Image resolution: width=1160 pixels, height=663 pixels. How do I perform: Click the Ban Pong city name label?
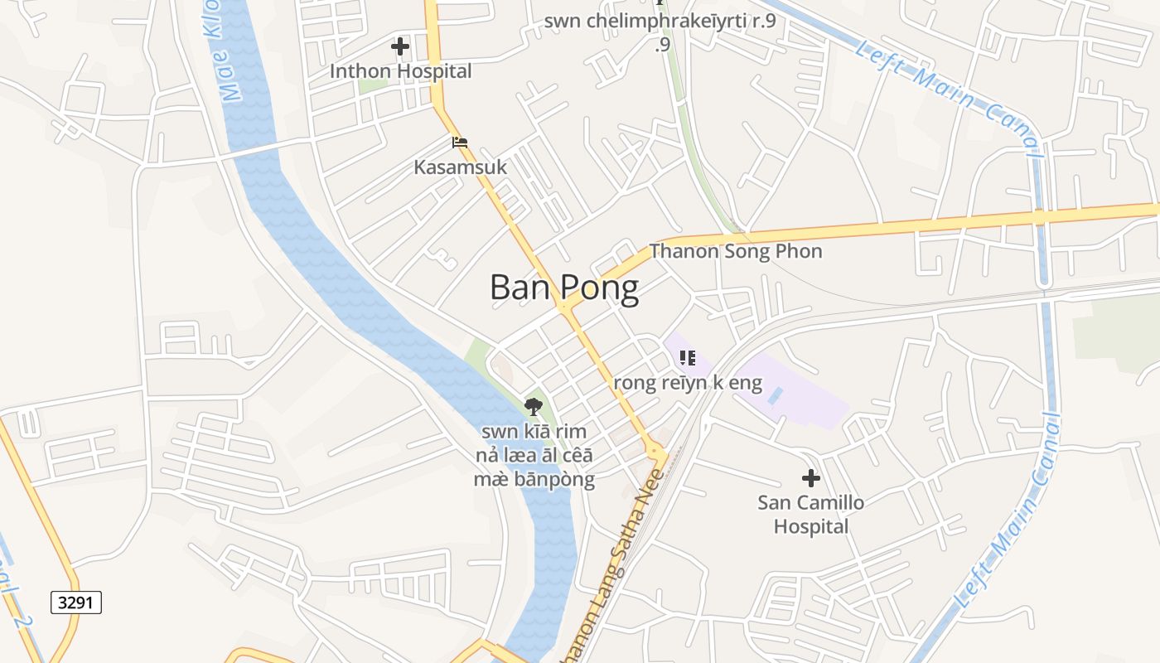click(x=564, y=288)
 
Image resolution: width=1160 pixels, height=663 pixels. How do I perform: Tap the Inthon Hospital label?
click(x=400, y=71)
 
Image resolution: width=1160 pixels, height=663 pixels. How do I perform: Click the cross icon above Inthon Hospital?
click(x=400, y=46)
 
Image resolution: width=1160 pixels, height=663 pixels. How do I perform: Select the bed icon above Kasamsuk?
click(x=460, y=143)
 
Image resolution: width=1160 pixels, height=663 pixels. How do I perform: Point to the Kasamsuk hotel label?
click(x=460, y=167)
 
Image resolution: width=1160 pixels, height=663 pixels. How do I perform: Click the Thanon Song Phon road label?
click(x=736, y=251)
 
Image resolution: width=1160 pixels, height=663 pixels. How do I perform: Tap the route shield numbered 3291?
click(x=76, y=603)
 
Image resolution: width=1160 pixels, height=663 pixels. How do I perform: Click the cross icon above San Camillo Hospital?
click(x=811, y=478)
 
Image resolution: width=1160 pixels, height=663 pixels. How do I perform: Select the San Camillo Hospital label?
click(x=811, y=514)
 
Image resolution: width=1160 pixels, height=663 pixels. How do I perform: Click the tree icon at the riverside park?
click(x=534, y=406)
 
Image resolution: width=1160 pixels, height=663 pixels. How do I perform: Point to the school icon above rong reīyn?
click(x=687, y=358)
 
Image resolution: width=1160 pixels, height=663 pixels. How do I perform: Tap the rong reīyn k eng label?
click(x=687, y=383)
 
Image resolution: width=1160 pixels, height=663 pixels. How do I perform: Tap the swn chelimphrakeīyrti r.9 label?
click(x=660, y=22)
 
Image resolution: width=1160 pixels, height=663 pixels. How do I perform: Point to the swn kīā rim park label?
click(x=534, y=455)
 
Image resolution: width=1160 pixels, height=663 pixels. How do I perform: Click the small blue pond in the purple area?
click(x=774, y=395)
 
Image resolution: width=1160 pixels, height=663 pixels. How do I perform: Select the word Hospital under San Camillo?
click(x=811, y=526)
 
